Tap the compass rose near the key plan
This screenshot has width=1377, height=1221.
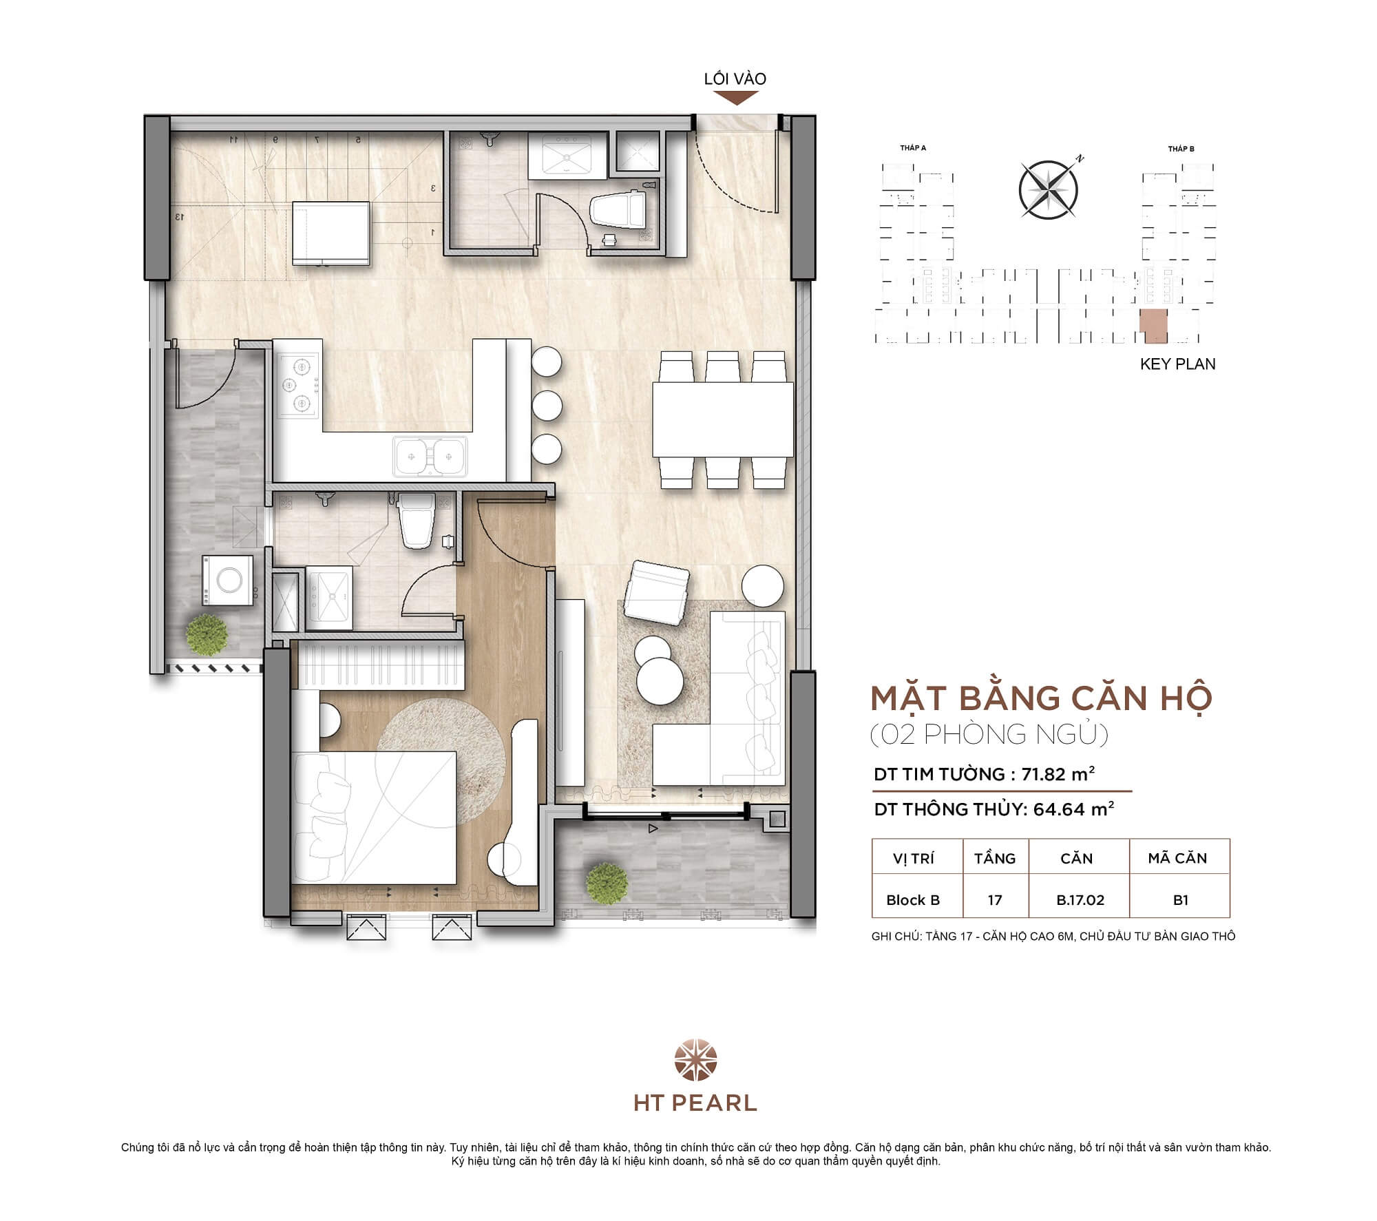click(1048, 189)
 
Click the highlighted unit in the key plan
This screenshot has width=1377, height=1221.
click(1154, 325)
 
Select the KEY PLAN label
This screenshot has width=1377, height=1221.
click(1177, 364)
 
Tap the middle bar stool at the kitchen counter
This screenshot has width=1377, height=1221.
click(547, 406)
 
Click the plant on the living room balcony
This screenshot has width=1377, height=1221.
click(607, 884)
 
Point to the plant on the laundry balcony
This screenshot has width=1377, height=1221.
click(207, 634)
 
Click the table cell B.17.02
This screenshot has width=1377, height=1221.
click(1080, 900)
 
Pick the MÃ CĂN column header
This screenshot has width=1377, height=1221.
click(1177, 858)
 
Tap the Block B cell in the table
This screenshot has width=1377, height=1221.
click(913, 900)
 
